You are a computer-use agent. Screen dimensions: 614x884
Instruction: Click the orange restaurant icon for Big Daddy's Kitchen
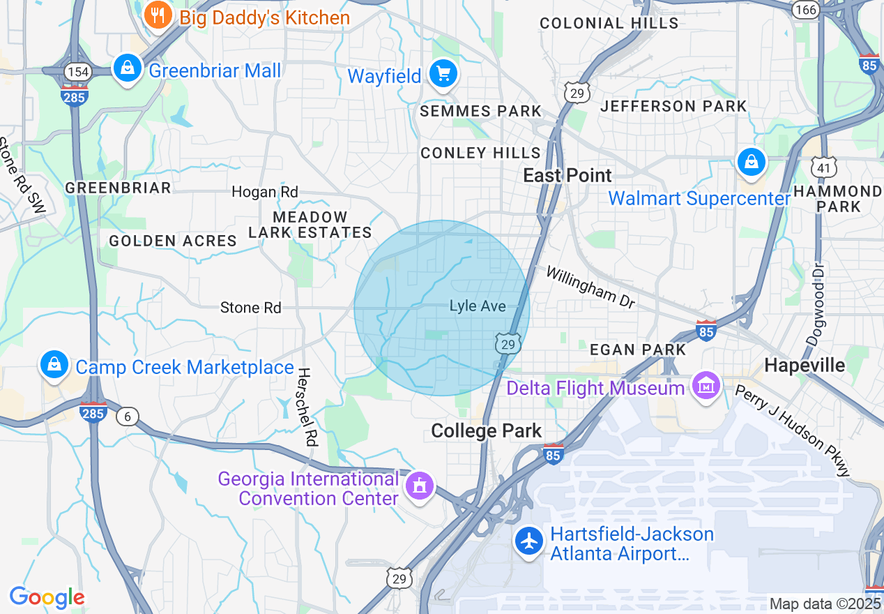158,15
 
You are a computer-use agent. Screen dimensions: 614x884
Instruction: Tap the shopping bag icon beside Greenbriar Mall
128,68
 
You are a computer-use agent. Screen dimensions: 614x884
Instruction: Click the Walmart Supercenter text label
699,198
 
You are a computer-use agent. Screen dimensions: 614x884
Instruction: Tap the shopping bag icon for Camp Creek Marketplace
54,365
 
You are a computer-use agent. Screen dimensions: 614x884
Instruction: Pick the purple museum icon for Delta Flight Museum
706,385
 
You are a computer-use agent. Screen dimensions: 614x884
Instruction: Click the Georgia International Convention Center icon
420,484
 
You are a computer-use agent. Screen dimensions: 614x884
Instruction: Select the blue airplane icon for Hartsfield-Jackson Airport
529,541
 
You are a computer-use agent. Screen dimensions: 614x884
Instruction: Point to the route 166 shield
805,9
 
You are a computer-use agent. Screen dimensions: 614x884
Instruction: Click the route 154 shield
75,71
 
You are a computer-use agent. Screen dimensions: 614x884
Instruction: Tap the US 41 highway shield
823,166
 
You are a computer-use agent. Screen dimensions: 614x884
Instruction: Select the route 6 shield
126,417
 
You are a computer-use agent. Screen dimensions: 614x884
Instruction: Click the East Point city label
567,175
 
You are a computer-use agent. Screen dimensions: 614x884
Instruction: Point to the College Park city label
486,430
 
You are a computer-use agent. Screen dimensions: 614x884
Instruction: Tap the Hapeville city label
804,365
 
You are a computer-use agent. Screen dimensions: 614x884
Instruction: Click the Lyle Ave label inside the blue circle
478,306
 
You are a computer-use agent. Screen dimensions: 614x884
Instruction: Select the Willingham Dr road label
590,286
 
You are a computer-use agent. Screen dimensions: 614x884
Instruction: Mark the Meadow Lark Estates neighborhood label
310,225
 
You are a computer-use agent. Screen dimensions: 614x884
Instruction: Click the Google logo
47,597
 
